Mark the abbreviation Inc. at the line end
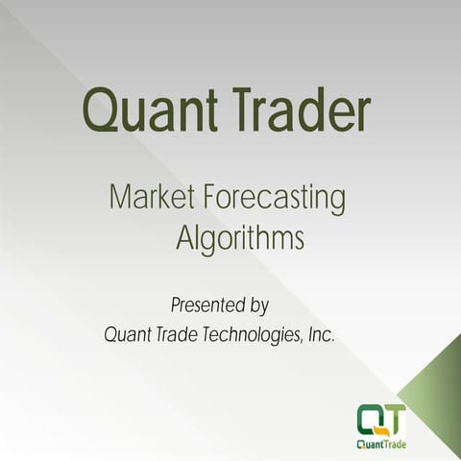(321, 335)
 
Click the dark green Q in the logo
(371, 418)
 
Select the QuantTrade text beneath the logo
(382, 443)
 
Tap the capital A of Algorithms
(185, 237)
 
